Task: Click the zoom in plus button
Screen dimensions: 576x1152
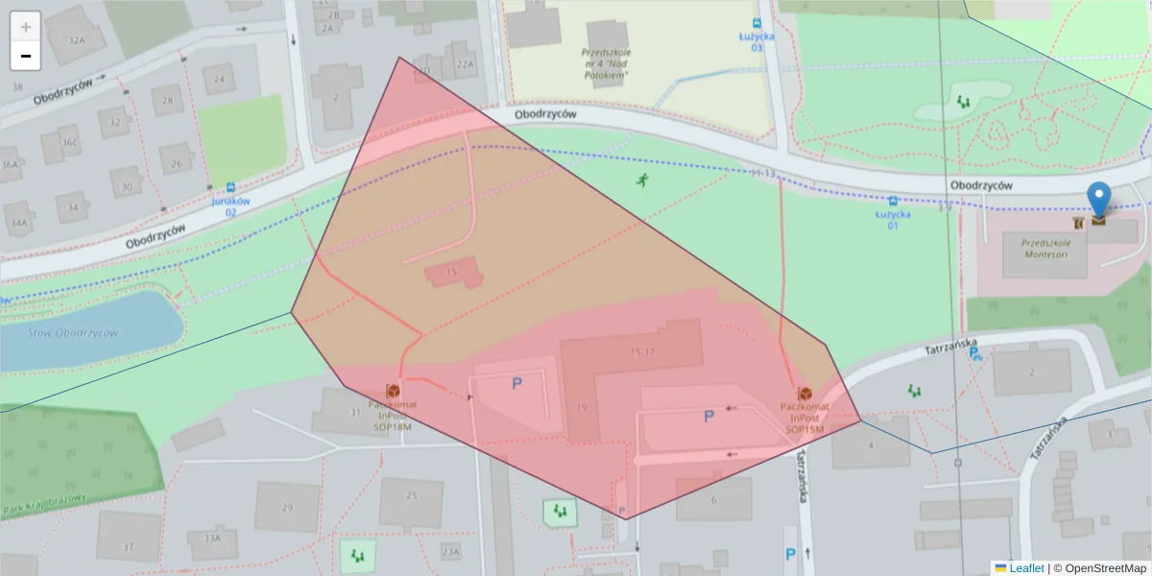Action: (26, 27)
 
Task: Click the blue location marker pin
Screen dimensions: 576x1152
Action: (1099, 199)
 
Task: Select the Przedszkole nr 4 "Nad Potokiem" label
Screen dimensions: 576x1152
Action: (606, 63)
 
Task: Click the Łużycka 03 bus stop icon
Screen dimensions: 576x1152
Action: (757, 24)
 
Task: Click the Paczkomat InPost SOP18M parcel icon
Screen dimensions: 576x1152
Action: (393, 391)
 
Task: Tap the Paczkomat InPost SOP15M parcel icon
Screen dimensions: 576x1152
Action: (804, 394)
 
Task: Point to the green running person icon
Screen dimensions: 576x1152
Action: (640, 180)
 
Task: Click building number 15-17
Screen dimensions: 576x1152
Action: (642, 352)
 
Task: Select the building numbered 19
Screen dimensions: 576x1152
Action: (581, 408)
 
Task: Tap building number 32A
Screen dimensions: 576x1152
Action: (78, 40)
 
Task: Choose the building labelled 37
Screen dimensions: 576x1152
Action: (129, 546)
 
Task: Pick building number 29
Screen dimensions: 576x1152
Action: (286, 507)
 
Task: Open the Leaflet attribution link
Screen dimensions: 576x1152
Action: (1025, 568)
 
